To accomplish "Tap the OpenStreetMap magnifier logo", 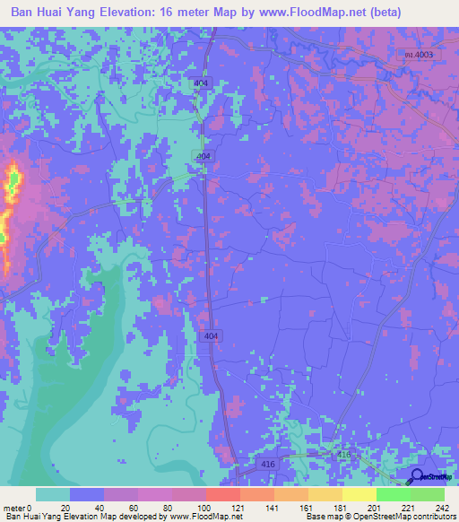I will [418, 477].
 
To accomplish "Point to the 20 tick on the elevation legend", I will [65, 507].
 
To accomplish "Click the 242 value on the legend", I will [439, 507].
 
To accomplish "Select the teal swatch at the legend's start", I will [53, 494].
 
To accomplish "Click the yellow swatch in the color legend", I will [359, 494].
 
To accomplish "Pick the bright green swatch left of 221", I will [393, 494].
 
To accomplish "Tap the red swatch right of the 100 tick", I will [222, 494].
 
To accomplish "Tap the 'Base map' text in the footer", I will [324, 517].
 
